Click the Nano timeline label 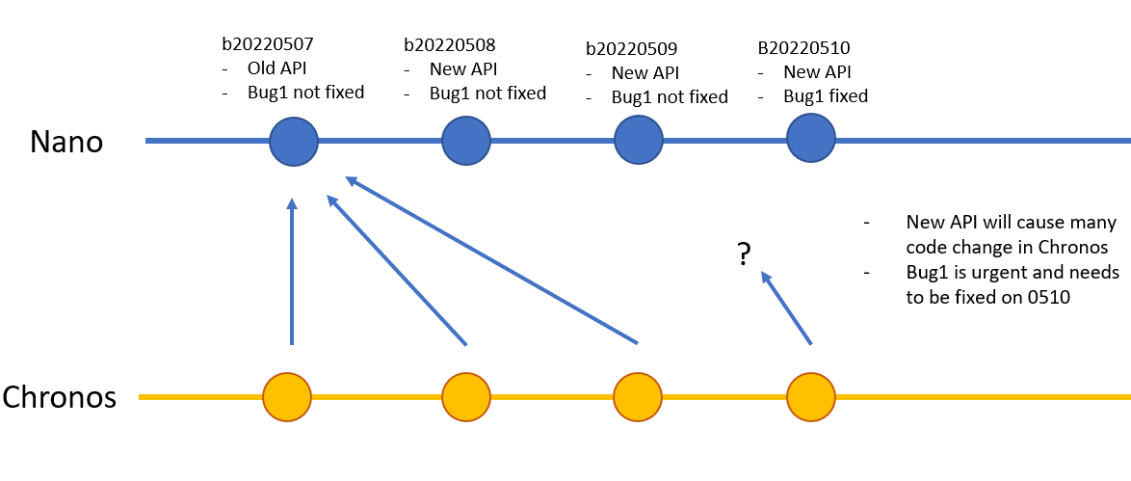66,143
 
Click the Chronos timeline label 60,397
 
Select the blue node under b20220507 294,142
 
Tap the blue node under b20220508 466,142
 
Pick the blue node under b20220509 639,142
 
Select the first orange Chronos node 287,396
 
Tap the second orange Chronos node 466,396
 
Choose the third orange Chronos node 638,396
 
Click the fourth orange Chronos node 811,396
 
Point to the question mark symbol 744,255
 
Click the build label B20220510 804,47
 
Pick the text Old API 277,69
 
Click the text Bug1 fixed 825,95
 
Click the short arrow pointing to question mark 787,307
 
